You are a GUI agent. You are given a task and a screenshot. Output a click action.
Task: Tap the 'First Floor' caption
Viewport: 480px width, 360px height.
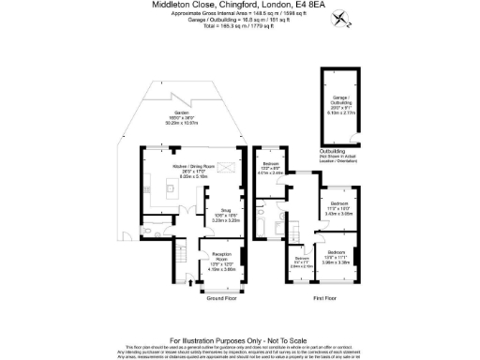[325, 298]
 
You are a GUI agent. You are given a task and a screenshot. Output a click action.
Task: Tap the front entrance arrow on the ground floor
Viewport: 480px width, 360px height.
[190, 280]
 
